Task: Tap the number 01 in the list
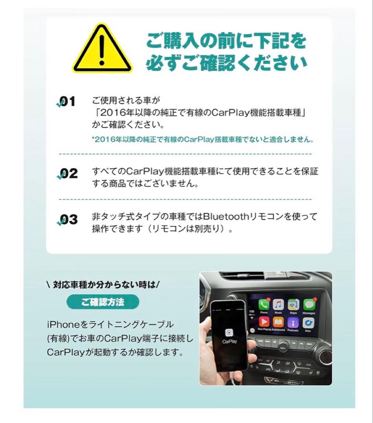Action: pos(67,102)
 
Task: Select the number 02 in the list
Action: pos(68,174)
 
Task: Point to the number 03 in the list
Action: pos(68,220)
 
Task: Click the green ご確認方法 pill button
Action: pos(103,302)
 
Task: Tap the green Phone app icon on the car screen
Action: pos(264,305)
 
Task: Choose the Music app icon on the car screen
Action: pos(278,304)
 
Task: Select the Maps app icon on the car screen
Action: pos(293,304)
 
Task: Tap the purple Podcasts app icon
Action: pos(293,322)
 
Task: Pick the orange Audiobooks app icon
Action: pos(278,322)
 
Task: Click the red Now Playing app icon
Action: pos(264,322)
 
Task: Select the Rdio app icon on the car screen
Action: pos(308,322)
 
